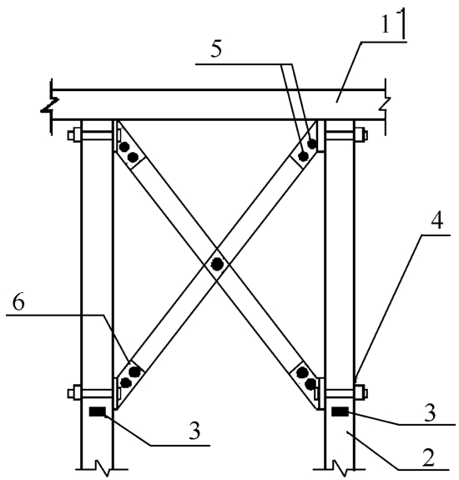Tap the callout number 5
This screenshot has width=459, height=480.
216,49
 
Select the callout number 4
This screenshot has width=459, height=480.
436,220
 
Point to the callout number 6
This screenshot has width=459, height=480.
18,303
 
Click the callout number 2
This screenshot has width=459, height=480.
428,458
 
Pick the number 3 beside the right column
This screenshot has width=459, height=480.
430,412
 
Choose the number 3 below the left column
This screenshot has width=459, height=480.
194,431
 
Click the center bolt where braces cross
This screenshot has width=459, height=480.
217,264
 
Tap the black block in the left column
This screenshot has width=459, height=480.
98,412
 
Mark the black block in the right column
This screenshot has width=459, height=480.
340,412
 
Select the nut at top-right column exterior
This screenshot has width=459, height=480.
361,135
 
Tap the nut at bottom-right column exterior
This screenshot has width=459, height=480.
361,393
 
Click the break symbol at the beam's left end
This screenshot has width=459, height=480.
50,106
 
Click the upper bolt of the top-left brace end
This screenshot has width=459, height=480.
124,147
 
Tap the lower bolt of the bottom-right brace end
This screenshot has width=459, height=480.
310,383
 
